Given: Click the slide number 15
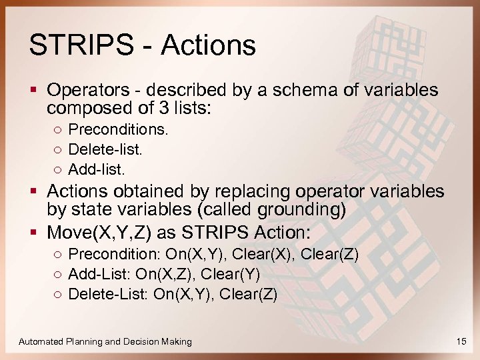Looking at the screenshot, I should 461,341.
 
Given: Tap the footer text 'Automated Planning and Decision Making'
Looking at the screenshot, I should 105,341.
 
